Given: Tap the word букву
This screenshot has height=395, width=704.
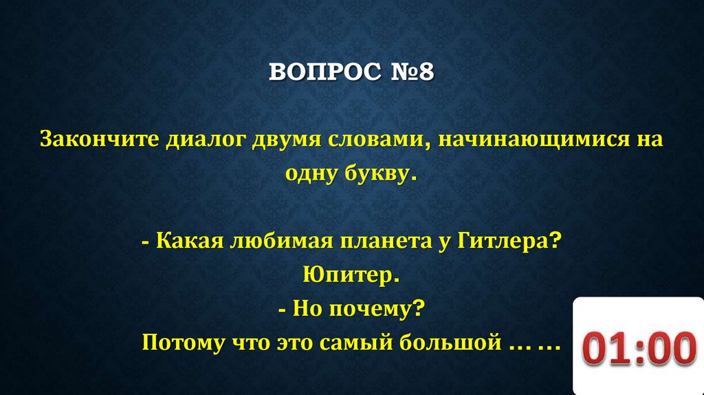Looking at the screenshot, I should tap(377, 174).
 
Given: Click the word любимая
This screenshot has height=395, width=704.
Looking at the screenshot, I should tap(269, 242).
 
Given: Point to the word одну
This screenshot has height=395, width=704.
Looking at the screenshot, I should tap(309, 174).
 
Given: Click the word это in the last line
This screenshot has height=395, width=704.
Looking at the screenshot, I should tap(311, 342).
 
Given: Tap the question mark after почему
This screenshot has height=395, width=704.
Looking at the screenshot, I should tap(417, 308).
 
